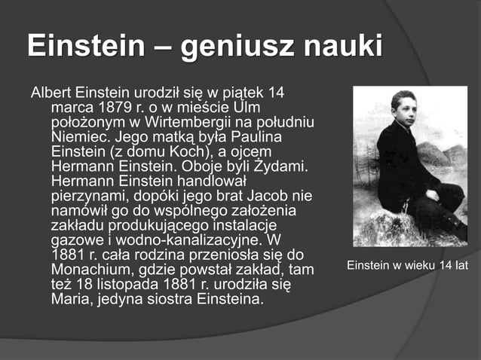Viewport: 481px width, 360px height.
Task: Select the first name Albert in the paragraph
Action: (x=51, y=93)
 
